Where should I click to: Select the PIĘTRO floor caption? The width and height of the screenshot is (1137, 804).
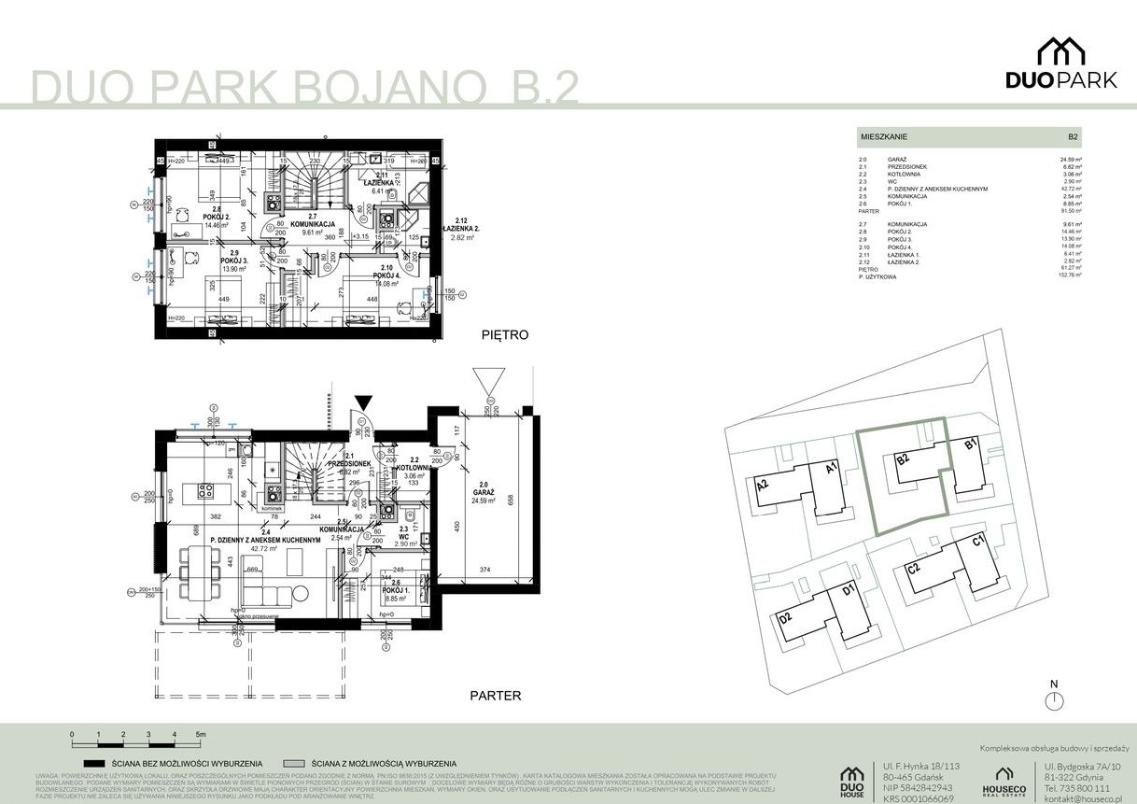(x=506, y=333)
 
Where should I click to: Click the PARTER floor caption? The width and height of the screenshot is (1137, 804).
(x=495, y=696)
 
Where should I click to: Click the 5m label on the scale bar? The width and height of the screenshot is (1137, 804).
(x=201, y=735)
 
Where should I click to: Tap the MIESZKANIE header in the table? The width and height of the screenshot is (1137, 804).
(x=883, y=137)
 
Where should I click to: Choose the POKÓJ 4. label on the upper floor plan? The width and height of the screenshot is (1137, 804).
(x=385, y=276)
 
